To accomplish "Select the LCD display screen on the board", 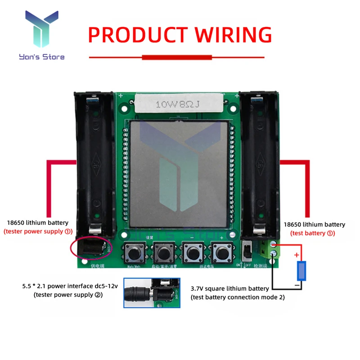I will [179, 174].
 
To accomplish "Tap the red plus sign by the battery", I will [297, 255].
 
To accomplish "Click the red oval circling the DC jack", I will [90, 247].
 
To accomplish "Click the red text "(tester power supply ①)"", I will [38, 232].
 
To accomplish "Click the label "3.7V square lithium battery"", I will [229, 288].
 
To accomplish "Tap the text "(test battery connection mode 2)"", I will [238, 297].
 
